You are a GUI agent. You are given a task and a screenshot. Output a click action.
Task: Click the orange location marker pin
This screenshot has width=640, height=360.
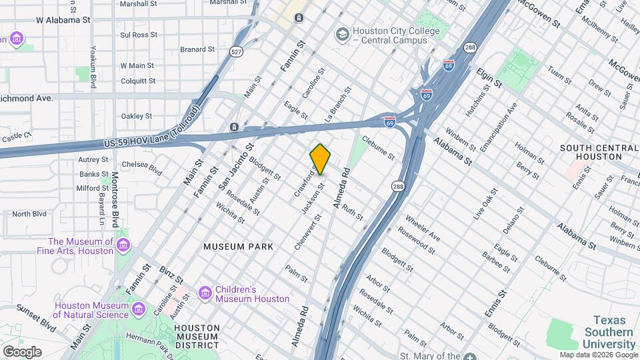click(321, 159)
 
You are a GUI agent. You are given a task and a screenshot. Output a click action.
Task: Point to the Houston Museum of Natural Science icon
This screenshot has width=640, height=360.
click(138, 309)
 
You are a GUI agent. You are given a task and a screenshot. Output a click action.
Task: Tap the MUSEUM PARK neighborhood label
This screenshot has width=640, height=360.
click(239, 247)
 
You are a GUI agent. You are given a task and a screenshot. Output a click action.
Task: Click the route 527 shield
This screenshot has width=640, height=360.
click(237, 51)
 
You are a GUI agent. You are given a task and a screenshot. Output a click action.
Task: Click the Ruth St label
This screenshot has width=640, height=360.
click(353, 212)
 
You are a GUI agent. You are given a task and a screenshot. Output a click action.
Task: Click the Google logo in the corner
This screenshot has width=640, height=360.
click(22, 351)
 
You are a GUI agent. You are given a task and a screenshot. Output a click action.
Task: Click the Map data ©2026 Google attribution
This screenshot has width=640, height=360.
click(598, 355)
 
